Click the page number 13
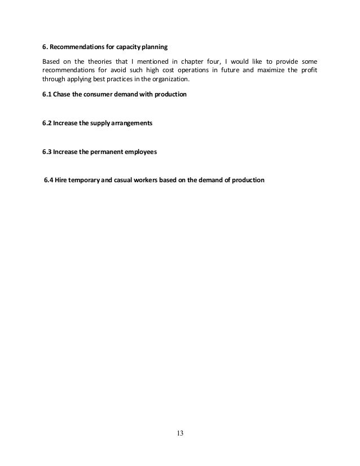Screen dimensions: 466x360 pos(180,433)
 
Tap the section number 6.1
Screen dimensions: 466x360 pos(47,94)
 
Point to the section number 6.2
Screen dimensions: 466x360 pos(47,123)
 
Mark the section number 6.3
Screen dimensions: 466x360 pos(47,152)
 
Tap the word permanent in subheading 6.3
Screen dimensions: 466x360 pos(105,152)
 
